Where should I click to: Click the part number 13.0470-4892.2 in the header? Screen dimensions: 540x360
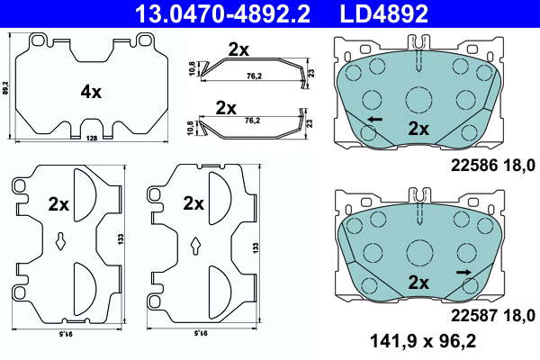[223, 13]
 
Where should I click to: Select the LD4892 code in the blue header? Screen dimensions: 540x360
[384, 13]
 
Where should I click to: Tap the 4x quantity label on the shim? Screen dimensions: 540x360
[91, 92]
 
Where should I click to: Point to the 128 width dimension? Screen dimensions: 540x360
[92, 138]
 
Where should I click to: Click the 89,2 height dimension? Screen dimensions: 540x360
[4, 87]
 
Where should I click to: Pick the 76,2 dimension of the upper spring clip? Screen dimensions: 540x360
[253, 76]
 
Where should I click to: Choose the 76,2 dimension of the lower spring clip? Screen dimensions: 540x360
[252, 121]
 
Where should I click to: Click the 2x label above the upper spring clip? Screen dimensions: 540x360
[238, 50]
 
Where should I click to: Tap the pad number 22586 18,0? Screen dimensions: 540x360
[493, 166]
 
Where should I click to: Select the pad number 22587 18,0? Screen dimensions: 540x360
[493, 316]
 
